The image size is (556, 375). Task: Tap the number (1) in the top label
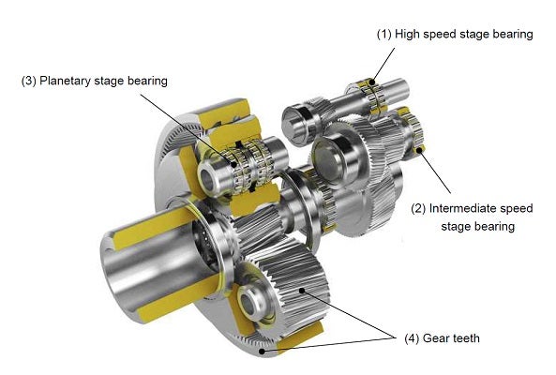(383, 34)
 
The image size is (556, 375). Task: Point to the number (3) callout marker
(28, 81)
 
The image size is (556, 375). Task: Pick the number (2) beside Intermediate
(419, 209)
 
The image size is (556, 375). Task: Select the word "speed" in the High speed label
(443, 34)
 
